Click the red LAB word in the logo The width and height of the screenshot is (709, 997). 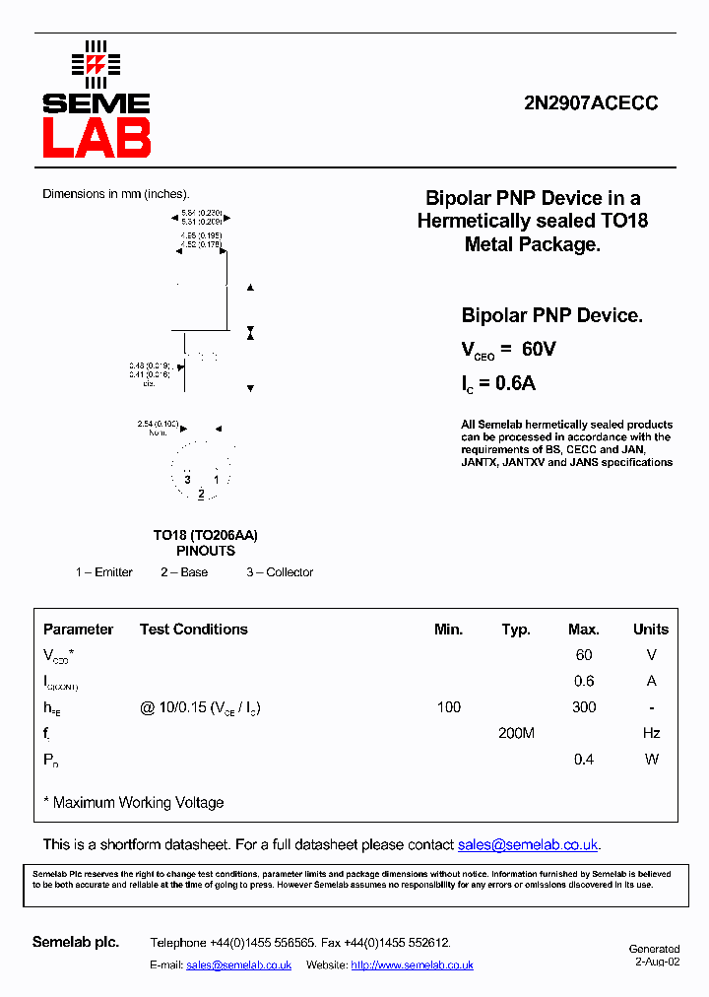pyautogui.click(x=96, y=139)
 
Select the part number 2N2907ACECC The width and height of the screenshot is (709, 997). pyautogui.click(x=593, y=103)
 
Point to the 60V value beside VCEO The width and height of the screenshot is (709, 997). pyautogui.click(x=539, y=350)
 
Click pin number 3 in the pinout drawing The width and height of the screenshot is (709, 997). pyautogui.click(x=187, y=480)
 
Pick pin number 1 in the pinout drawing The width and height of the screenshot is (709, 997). pyautogui.click(x=216, y=480)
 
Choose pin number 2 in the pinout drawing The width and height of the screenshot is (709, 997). pyautogui.click(x=201, y=494)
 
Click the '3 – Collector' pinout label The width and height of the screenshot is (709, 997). pyautogui.click(x=280, y=572)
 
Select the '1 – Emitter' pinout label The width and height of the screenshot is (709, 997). pyautogui.click(x=104, y=572)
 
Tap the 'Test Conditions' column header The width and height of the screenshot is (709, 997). pyautogui.click(x=194, y=630)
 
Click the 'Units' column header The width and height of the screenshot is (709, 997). pyautogui.click(x=650, y=630)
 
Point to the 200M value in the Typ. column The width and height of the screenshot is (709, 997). pyautogui.click(x=516, y=733)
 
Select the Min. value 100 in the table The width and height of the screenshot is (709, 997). pyautogui.click(x=448, y=707)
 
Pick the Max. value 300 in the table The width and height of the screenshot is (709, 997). pyautogui.click(x=584, y=707)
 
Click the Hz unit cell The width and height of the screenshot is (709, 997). pyautogui.click(x=650, y=733)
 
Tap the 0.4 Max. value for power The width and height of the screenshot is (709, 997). pyautogui.click(x=584, y=760)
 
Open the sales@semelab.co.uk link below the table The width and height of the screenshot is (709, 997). pyautogui.click(x=528, y=844)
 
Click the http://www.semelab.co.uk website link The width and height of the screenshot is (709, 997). pyautogui.click(x=412, y=965)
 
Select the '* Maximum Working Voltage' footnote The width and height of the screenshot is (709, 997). pyautogui.click(x=134, y=803)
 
